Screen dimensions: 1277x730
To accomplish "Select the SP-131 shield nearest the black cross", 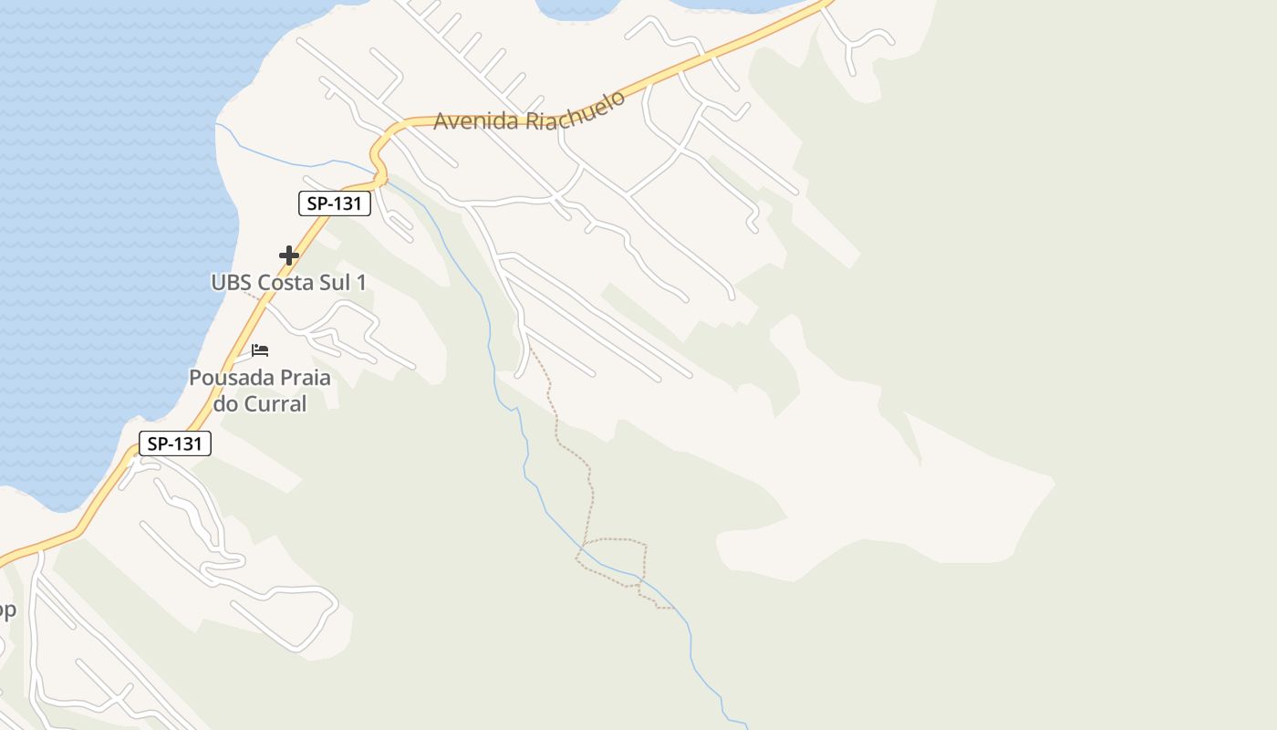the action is [335, 203].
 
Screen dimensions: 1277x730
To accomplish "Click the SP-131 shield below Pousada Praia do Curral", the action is [175, 444].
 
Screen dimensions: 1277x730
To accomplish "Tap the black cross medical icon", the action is [289, 255].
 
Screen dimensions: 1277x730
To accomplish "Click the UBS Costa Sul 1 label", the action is [288, 283].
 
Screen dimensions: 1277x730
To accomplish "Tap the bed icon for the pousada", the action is [260, 350].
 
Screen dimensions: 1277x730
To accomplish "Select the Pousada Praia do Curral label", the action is [260, 390].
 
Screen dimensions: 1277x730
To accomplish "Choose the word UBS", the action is [232, 283].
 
